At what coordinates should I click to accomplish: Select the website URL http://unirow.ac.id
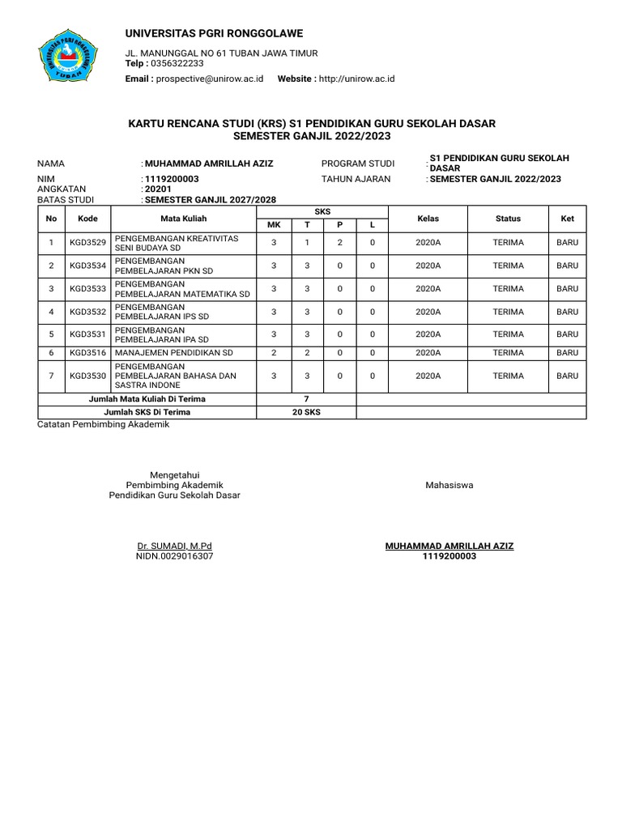point(356,79)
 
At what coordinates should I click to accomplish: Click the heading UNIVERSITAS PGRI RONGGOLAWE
point(215,33)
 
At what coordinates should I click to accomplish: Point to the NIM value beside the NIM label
point(172,179)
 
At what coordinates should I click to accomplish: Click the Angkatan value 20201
point(158,189)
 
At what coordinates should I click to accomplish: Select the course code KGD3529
point(87,242)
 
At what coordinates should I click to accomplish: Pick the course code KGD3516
point(87,352)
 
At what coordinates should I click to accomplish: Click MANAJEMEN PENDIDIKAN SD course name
point(174,352)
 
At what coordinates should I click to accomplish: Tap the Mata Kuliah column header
point(184,219)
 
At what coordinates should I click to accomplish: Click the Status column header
point(509,219)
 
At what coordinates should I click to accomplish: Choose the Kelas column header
point(428,219)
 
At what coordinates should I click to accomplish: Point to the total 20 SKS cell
point(306,412)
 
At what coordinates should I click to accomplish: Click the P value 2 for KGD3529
point(339,242)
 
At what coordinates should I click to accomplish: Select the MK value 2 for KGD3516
point(274,352)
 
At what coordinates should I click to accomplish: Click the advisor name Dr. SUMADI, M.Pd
point(174,546)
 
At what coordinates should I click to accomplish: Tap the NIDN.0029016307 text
point(174,557)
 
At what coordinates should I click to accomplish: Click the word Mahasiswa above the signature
point(449,485)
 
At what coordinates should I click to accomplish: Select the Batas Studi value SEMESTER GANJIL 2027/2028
point(209,199)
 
